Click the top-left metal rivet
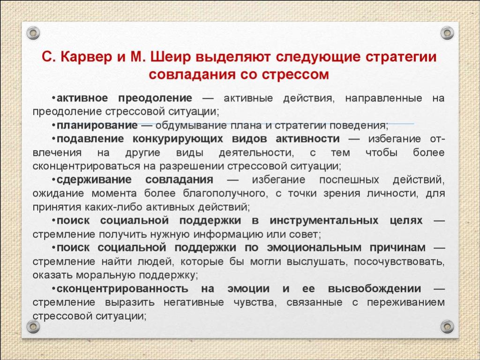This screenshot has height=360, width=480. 33,33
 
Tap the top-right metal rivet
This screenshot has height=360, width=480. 447,33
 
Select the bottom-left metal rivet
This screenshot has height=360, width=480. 33,327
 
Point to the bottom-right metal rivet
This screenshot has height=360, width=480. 447,327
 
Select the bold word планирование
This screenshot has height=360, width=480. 97,126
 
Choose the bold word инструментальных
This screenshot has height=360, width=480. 324,220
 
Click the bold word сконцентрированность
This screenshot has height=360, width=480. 122,289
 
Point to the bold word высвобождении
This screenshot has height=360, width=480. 375,289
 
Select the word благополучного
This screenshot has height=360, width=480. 224,194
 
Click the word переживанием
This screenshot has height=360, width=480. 405,302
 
